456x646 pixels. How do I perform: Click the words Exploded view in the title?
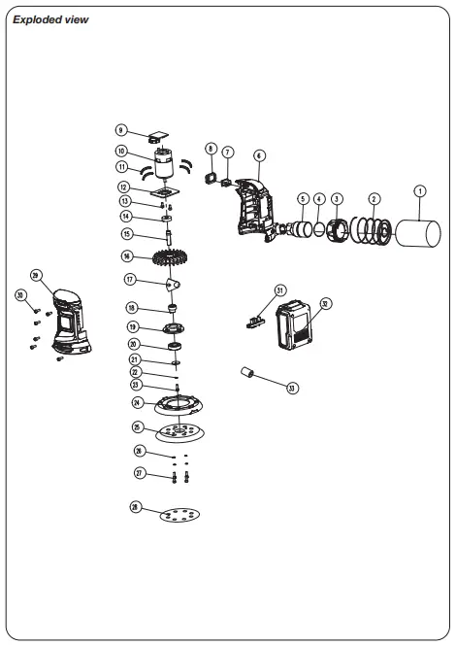(x=51, y=19)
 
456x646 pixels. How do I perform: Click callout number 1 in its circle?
(x=419, y=192)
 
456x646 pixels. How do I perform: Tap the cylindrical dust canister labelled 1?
(x=416, y=237)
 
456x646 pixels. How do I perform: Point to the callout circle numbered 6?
(x=259, y=155)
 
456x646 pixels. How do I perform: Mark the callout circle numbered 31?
(x=279, y=289)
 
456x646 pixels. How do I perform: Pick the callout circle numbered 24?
(x=138, y=402)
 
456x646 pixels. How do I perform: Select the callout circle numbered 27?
(x=139, y=473)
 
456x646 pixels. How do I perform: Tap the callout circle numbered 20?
(x=135, y=344)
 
